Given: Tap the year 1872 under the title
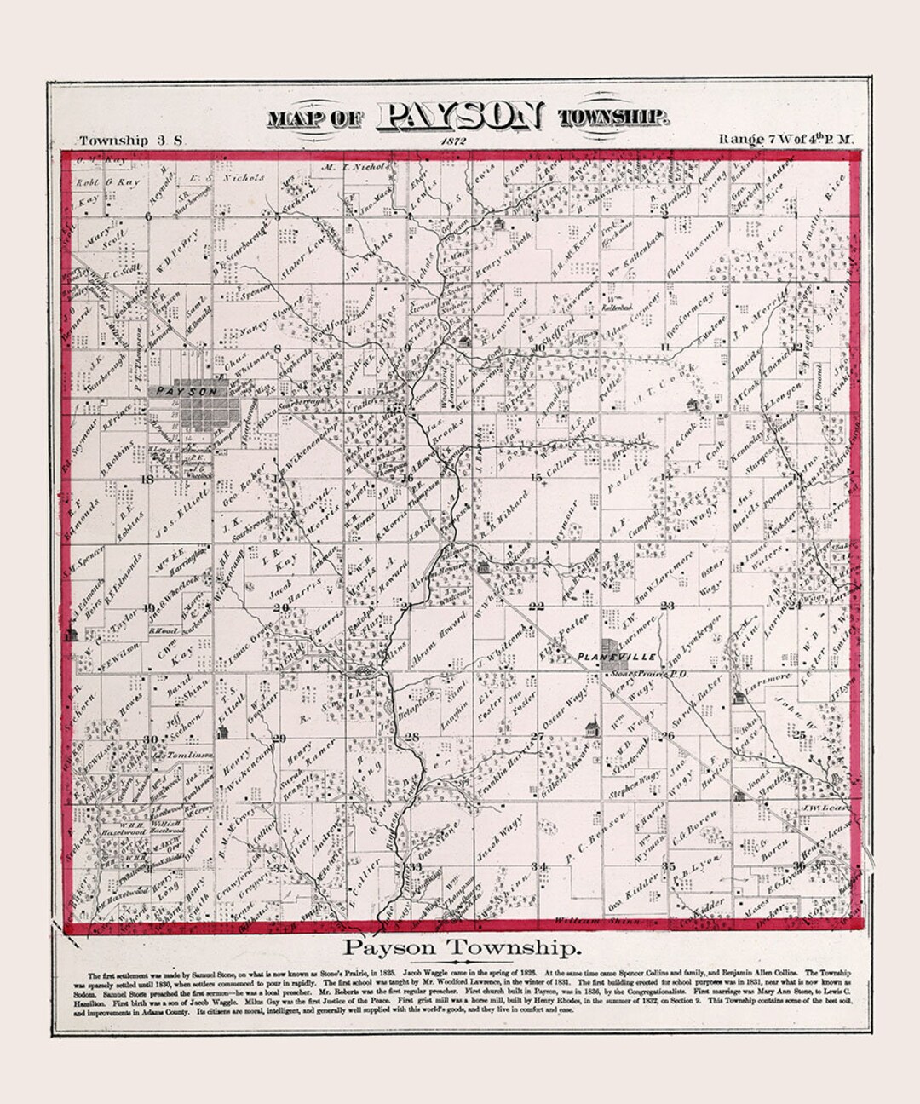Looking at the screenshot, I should point(454,140).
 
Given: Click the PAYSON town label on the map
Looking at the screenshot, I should point(187,391).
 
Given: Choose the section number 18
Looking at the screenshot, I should point(147,480).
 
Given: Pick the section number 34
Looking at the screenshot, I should point(538,866).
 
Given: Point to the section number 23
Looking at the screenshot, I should point(668,606).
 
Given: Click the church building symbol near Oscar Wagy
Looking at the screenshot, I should point(588,728).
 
